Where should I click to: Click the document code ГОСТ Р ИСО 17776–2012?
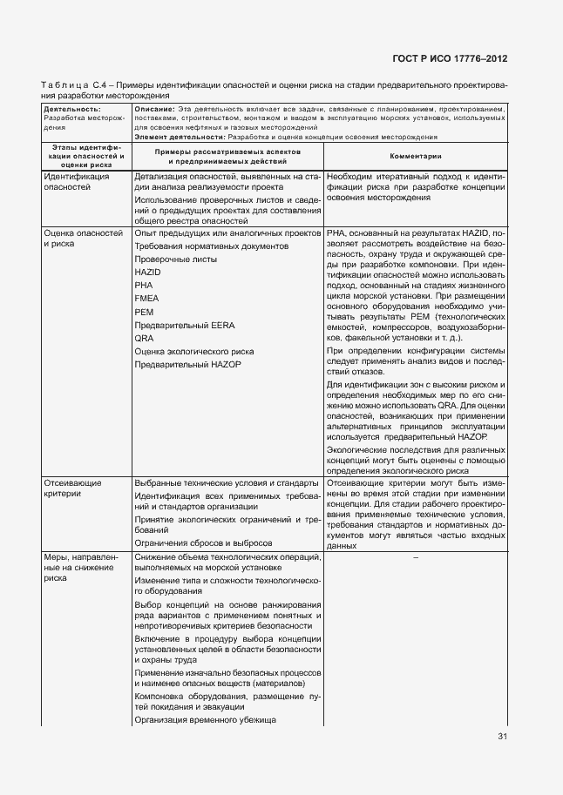click(449, 59)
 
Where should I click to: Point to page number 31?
click(502, 737)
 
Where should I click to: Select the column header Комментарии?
click(414, 156)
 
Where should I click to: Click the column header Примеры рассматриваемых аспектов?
click(227, 156)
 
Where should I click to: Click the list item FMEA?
click(146, 298)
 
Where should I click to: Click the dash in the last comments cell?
click(415, 557)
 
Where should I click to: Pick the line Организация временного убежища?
click(205, 720)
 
